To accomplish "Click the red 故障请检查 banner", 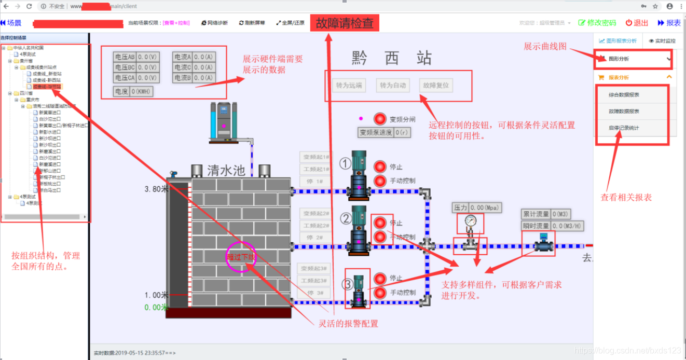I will [345, 23].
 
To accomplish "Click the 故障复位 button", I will [436, 86].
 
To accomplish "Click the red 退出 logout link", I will [637, 23].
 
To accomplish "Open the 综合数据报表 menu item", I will [624, 95].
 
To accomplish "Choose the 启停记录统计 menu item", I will [624, 128].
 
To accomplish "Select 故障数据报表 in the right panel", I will [624, 112].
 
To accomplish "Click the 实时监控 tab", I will [662, 40].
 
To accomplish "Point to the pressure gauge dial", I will [470, 220].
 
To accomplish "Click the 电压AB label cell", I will [125, 57].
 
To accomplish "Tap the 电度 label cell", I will [121, 92].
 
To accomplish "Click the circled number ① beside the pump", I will [346, 164].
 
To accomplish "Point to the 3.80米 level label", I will [157, 189].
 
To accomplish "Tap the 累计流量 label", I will [536, 214].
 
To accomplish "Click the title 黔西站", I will [391, 58].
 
